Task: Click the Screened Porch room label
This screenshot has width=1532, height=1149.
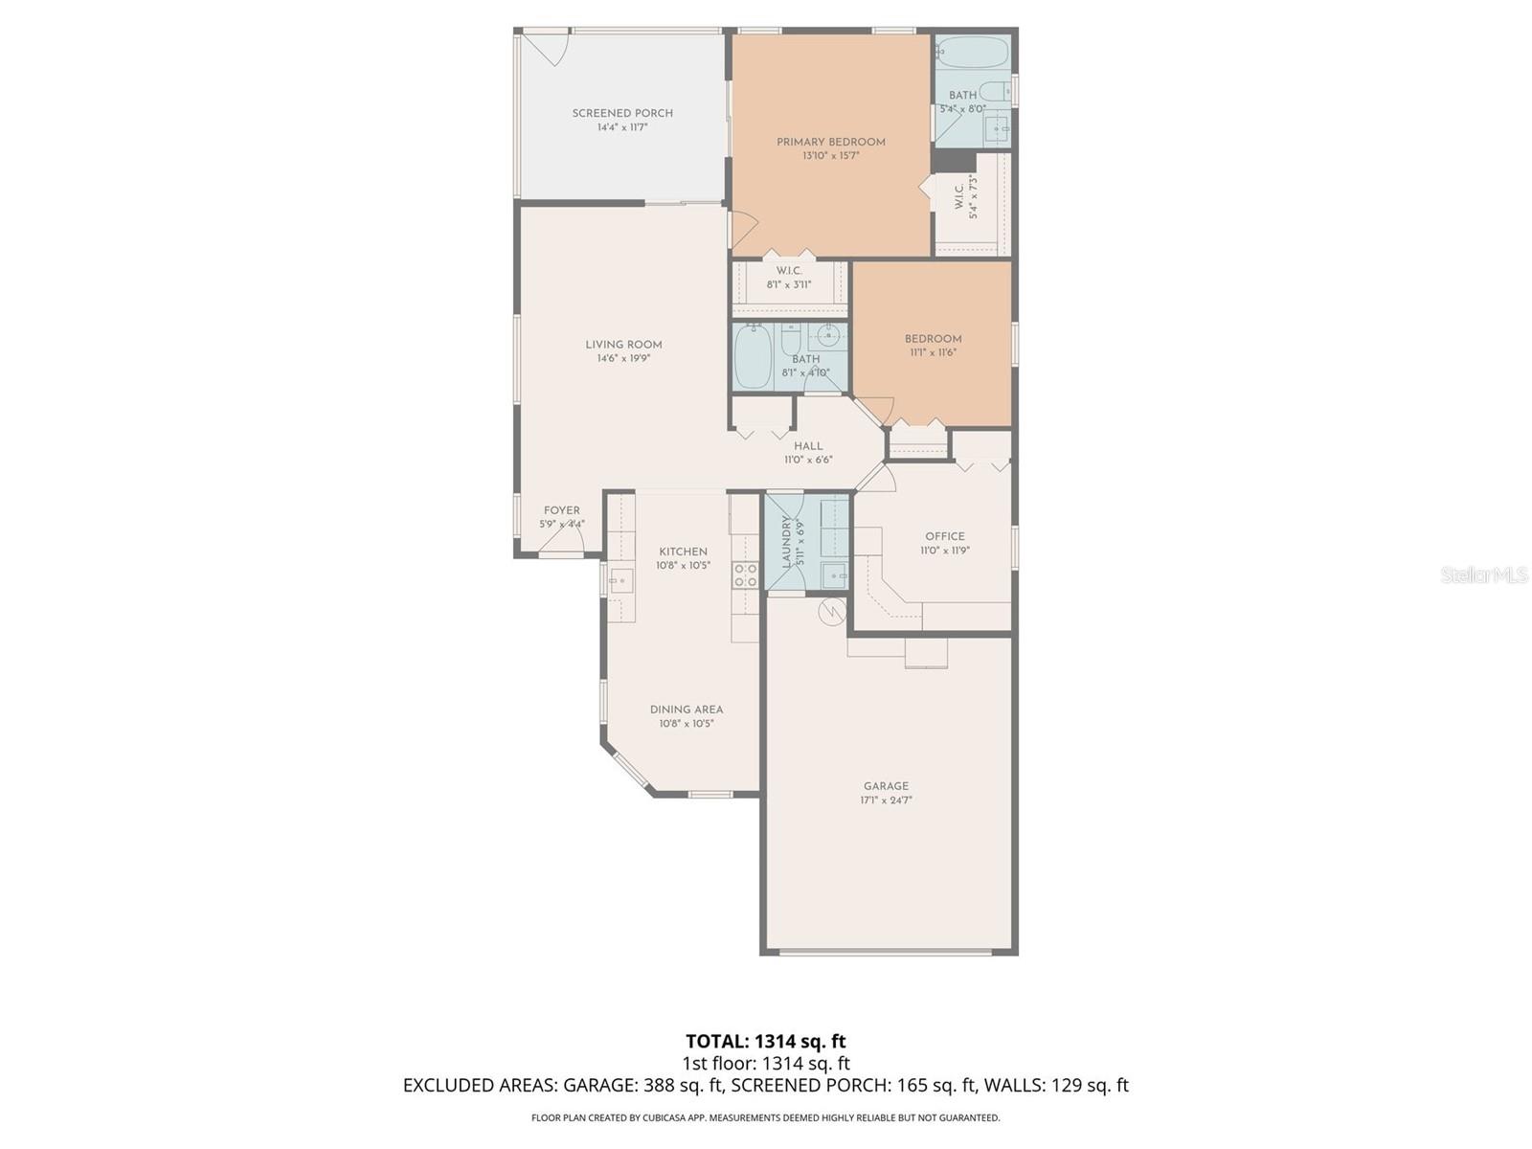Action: pos(622,113)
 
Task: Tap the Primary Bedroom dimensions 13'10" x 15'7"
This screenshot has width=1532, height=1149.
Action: pos(830,156)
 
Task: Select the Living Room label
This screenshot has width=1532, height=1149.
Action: pos(623,345)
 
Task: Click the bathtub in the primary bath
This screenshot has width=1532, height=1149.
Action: pos(971,52)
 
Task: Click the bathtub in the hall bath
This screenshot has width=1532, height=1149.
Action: pos(753,356)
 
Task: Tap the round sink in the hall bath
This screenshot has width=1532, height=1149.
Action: pos(829,335)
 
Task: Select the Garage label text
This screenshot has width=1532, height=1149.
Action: pos(886,786)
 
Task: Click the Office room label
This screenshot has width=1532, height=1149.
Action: pos(944,536)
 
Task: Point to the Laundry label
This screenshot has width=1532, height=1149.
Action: pos(787,543)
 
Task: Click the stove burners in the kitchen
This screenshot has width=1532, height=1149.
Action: pos(745,575)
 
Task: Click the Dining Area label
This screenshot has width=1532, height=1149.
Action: pos(687,710)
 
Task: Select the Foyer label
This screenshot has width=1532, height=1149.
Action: pos(561,510)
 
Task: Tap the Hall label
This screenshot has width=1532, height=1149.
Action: pos(808,446)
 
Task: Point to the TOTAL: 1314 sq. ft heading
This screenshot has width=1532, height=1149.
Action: pos(765,1041)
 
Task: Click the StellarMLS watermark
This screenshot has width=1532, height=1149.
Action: pos(1484,575)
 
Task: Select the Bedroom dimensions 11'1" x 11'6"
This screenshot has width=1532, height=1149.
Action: pos(933,352)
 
